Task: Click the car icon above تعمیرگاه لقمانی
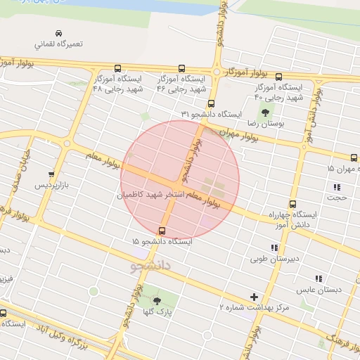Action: click(x=58, y=32)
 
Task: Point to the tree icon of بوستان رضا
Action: click(x=265, y=112)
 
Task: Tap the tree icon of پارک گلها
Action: click(x=157, y=300)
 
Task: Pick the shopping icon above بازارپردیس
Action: click(x=51, y=174)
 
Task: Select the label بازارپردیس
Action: click(x=54, y=186)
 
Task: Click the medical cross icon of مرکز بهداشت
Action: click(x=254, y=297)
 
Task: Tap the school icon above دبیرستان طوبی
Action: click(x=274, y=247)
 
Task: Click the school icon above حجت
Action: click(x=337, y=187)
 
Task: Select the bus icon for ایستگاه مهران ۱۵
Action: click(x=354, y=157)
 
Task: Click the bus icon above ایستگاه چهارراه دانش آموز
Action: click(x=292, y=204)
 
